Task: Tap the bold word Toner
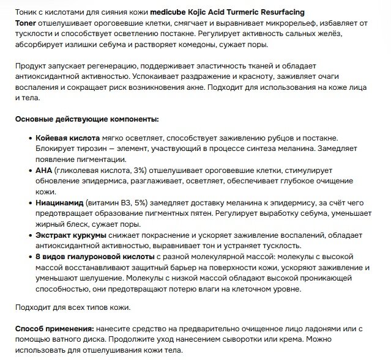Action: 27,23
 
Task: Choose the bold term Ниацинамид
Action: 62,202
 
